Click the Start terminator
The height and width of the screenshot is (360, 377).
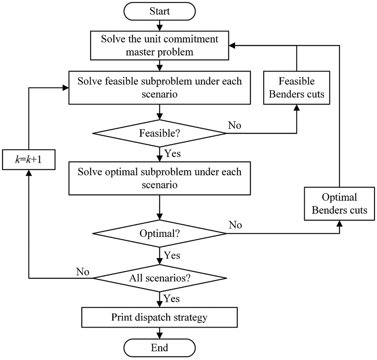point(160,12)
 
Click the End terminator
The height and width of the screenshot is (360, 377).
point(160,348)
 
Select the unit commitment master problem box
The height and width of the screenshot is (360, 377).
point(160,45)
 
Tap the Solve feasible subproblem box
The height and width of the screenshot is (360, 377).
point(160,87)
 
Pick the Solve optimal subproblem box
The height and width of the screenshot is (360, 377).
point(160,179)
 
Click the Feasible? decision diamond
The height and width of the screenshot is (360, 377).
point(160,133)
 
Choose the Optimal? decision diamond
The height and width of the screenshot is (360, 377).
point(160,233)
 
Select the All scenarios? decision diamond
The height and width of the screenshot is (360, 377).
point(160,278)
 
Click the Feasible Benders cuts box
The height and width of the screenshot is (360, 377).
point(296,88)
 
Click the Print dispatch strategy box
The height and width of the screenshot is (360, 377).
point(160,318)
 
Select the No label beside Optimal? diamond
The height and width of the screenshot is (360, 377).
point(236,225)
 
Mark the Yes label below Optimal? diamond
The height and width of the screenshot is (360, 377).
point(172,255)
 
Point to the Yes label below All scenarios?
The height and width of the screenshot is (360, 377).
point(172,298)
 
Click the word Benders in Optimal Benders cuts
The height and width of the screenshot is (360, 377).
point(327,210)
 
